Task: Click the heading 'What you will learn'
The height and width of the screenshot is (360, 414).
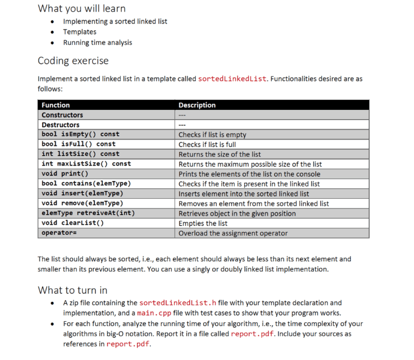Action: pyautogui.click(x=81, y=8)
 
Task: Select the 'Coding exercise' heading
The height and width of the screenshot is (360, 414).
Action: pyautogui.click(x=73, y=60)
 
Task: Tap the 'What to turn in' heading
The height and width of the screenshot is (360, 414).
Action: pyautogui.click(x=72, y=290)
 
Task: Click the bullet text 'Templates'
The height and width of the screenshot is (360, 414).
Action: pyautogui.click(x=80, y=32)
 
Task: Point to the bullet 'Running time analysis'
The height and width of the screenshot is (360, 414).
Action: pyautogui.click(x=98, y=43)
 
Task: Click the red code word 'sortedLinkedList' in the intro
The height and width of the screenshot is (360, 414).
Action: pyautogui.click(x=232, y=79)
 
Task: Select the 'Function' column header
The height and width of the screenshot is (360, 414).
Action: pyautogui.click(x=56, y=105)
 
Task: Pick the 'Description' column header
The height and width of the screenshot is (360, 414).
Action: pyautogui.click(x=197, y=105)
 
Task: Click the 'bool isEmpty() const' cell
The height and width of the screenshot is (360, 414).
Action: pyautogui.click(x=80, y=134)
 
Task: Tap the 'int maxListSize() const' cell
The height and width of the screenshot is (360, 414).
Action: pyautogui.click(x=86, y=164)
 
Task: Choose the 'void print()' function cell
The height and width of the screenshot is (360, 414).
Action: pyautogui.click(x=65, y=174)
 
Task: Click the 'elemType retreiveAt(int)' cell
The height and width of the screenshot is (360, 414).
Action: pyautogui.click(x=88, y=213)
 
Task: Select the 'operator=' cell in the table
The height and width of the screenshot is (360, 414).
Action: pyautogui.click(x=59, y=233)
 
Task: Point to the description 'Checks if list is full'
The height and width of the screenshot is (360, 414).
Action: pyautogui.click(x=215, y=144)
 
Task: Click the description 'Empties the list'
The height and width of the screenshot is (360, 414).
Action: pyautogui.click(x=203, y=223)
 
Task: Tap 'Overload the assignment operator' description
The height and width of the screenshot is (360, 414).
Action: pyautogui.click(x=233, y=233)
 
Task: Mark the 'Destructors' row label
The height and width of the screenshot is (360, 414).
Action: pyautogui.click(x=60, y=124)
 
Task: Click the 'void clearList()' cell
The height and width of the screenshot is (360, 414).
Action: pyautogui.click(x=73, y=223)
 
